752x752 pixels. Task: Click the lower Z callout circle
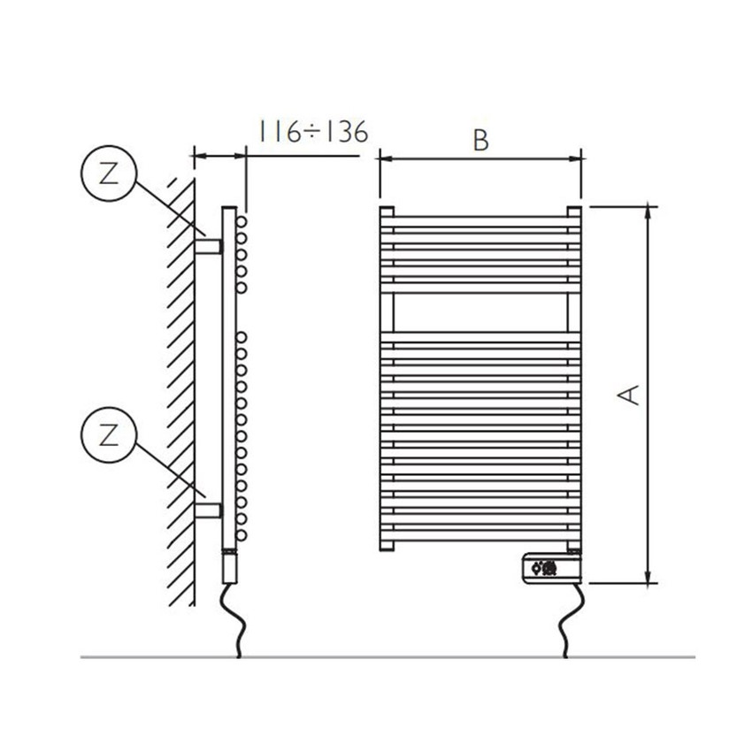107,435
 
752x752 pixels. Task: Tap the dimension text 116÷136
311,132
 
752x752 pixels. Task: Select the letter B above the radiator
480,141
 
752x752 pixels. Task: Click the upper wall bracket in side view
210,244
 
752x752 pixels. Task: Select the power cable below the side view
235,619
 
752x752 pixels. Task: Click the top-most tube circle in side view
241,219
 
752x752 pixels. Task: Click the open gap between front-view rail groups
480,311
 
